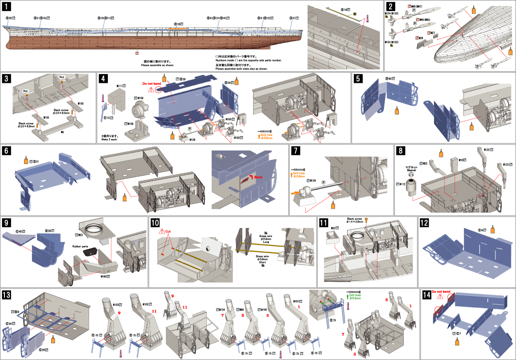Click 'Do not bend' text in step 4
point(151,83)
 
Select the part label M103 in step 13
point(116,304)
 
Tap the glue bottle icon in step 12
point(492,229)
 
